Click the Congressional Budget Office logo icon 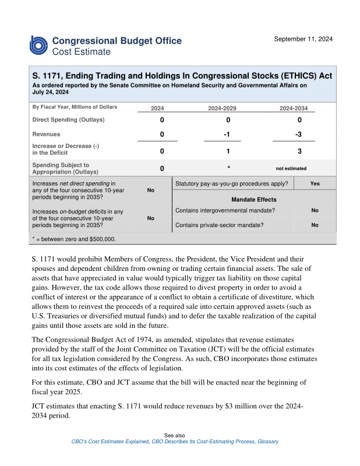point(39,45)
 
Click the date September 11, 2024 point(303,39)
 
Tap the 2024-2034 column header point(294,108)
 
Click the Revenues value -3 point(299,135)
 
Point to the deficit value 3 point(299,151)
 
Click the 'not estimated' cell point(291,168)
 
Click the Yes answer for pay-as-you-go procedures point(315,183)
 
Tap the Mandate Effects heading point(254,199)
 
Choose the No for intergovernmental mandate point(315,210)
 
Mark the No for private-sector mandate point(315,224)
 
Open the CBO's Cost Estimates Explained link point(109,442)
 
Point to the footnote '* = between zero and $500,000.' point(74,239)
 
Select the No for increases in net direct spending point(150,190)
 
